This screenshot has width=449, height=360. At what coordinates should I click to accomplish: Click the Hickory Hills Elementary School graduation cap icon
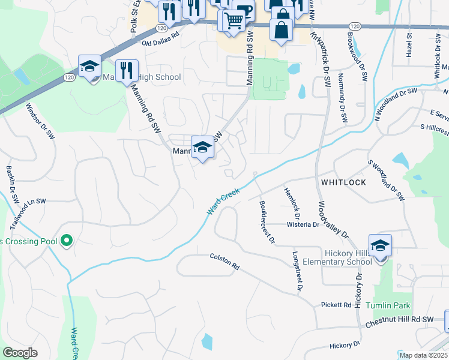(380, 246)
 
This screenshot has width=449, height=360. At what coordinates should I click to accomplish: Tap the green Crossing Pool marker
(67, 242)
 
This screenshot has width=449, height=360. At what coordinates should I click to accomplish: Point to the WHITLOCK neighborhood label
(344, 181)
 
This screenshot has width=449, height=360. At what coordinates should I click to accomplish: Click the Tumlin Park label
(393, 305)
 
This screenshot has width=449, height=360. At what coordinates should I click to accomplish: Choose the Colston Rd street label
(224, 261)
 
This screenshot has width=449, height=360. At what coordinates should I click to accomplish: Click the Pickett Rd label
(336, 305)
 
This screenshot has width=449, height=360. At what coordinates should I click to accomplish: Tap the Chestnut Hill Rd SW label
(399, 322)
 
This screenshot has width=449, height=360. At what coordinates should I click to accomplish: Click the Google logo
(20, 353)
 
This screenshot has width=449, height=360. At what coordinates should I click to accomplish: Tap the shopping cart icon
(234, 20)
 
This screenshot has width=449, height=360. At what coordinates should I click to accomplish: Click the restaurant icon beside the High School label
(127, 70)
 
